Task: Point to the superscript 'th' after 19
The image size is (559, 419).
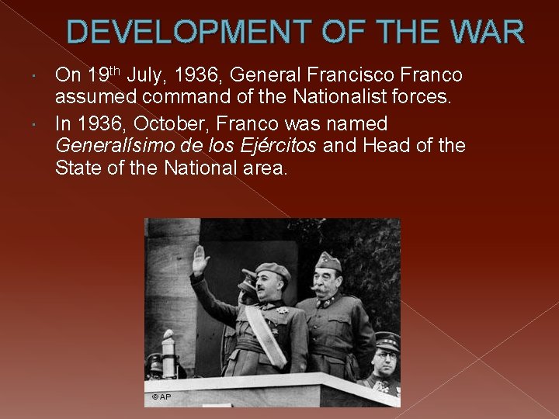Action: [113, 70]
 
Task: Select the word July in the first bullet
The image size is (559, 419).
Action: [144, 75]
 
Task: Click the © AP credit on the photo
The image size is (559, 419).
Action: [161, 397]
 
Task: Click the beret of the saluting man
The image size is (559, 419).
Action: [273, 271]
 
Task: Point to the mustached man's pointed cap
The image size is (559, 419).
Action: [328, 261]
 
